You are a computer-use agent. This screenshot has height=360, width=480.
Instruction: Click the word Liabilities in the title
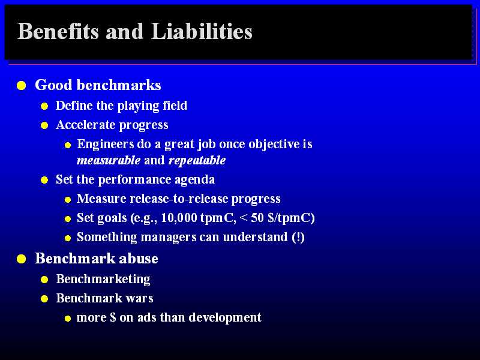[202, 31]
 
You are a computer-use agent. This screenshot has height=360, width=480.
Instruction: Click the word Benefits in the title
[58, 31]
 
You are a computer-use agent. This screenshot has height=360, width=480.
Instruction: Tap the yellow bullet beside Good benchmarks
[22, 85]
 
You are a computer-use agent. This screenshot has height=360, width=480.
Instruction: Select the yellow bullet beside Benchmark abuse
[22, 259]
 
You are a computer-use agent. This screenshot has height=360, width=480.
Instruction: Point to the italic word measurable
[109, 160]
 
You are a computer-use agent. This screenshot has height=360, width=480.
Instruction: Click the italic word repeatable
[197, 160]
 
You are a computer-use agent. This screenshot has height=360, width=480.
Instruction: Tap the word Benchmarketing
[103, 279]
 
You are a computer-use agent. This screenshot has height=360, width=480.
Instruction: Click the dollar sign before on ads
[113, 317]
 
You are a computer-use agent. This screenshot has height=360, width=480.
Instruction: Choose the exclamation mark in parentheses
[298, 237]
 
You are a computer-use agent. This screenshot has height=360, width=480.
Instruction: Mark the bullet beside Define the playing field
[44, 106]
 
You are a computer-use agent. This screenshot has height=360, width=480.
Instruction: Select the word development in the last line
[225, 317]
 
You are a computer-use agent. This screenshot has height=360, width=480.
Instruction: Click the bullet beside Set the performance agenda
[44, 180]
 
